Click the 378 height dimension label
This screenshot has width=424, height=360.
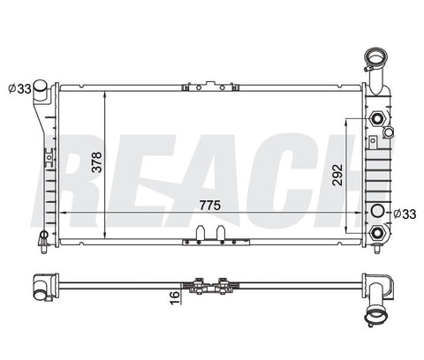96,161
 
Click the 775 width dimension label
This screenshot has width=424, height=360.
209,206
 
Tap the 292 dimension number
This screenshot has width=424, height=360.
337,175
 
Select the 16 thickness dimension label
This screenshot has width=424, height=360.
175,297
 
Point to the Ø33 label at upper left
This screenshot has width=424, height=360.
19,88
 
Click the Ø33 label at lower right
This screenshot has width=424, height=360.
405,214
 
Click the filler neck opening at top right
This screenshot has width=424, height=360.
375,57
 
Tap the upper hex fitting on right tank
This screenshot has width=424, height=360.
377,118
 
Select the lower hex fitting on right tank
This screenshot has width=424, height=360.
377,233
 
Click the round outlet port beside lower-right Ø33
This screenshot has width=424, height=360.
377,211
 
